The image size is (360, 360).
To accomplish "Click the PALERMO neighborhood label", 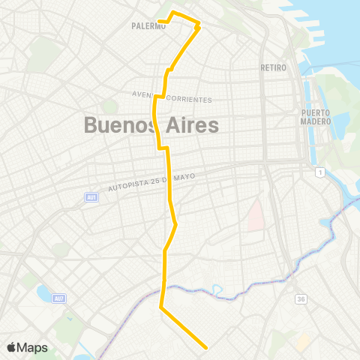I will [x=148, y=25].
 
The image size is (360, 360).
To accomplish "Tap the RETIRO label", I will [x=273, y=67].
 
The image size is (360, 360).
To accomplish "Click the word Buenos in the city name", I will [x=118, y=125].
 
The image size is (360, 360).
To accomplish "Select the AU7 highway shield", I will [x=59, y=298].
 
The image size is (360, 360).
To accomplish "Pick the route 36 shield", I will [x=301, y=299].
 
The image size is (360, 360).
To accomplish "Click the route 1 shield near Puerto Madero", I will [x=320, y=173].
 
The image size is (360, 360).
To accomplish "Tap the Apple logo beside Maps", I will [x=12, y=347].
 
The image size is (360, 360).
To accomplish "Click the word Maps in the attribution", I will [x=33, y=347].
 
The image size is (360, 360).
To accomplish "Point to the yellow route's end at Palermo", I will [x=160, y=21].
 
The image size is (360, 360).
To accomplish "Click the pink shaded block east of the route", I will [x=254, y=213].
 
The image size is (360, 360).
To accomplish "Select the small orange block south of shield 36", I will [x=303, y=342].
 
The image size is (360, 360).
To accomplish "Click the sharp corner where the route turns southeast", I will [x=161, y=306].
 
